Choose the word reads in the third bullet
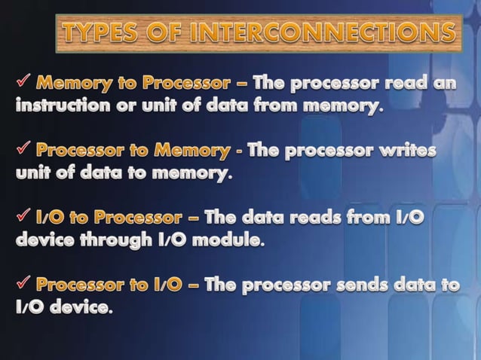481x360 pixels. tap(325, 219)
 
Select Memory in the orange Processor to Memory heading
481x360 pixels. tap(191, 151)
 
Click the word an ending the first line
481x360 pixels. tap(446, 82)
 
